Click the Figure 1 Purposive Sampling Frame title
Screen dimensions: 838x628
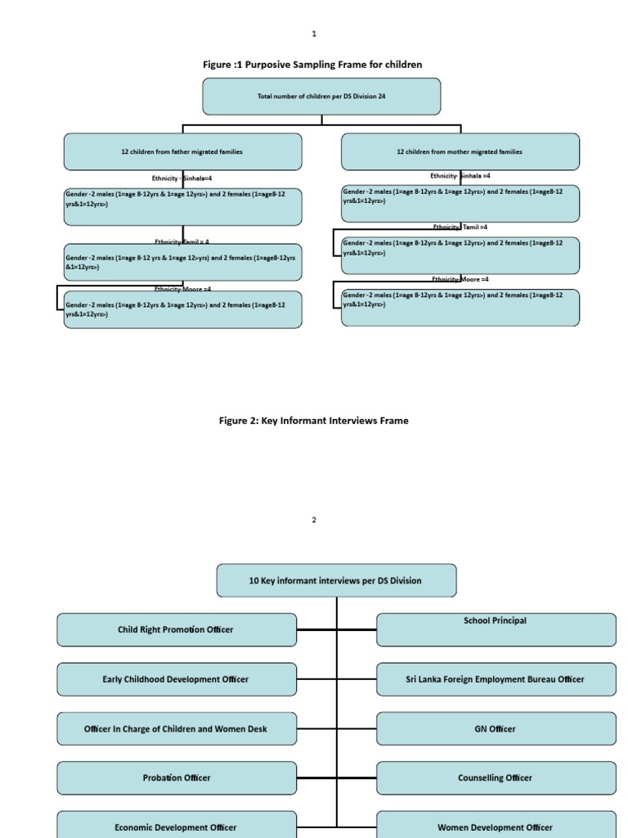312,65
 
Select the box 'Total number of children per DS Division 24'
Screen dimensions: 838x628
321,97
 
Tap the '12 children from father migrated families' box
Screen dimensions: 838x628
182,152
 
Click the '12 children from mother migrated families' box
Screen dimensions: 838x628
460,152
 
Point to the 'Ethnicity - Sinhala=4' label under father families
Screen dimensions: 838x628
182,178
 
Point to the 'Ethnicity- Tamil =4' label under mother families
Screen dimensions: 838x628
460,228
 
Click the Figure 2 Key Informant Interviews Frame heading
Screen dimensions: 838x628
313,421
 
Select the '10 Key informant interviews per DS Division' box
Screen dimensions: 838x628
336,580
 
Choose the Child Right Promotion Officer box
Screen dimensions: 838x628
176,629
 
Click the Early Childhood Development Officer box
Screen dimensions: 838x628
176,679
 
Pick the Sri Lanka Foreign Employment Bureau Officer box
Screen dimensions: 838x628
496,679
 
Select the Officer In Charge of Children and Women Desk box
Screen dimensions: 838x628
176,728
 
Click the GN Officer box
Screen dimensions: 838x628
496,728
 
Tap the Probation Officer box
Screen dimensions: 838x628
176,777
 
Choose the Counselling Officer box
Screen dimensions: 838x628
496,777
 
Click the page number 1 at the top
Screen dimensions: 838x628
313,34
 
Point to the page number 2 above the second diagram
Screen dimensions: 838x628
313,520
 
